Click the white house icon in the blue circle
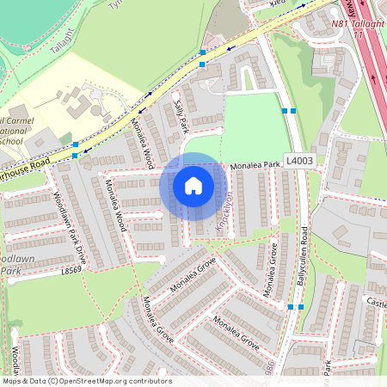coord(193,186)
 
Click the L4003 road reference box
coord(299,160)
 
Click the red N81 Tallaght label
coord(356,26)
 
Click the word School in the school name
coord(11,140)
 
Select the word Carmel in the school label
coord(19,121)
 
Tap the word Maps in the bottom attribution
coord(13,381)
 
